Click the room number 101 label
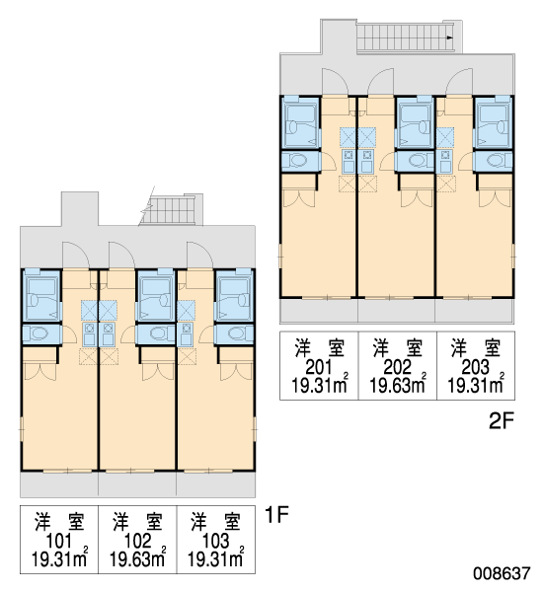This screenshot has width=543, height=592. [x=58, y=541]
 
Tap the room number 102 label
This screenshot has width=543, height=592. [x=137, y=541]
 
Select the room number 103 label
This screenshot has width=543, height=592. [x=215, y=541]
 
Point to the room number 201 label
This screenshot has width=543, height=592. [x=319, y=367]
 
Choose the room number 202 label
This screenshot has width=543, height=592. [x=397, y=367]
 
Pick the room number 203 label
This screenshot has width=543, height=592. [x=475, y=367]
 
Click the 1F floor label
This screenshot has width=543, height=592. [x=277, y=514]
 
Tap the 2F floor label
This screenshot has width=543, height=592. [x=502, y=421]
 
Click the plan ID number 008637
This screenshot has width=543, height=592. [x=502, y=573]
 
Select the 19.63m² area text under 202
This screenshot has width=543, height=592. [x=398, y=384]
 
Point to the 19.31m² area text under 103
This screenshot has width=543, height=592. [x=216, y=557]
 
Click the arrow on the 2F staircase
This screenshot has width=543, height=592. [x=449, y=37]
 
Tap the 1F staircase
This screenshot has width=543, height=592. [x=171, y=210]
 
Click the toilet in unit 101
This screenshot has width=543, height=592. [x=39, y=333]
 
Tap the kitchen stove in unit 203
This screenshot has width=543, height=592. [x=445, y=161]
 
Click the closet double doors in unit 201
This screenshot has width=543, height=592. [x=299, y=198]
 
